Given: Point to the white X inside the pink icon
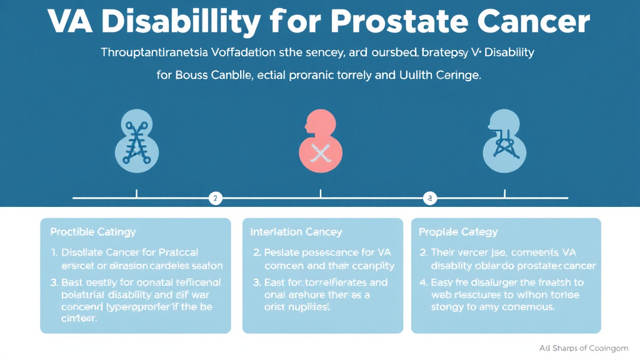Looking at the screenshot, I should click(320, 152).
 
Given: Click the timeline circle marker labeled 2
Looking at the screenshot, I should click(214, 199).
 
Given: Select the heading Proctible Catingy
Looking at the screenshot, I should click(92, 232).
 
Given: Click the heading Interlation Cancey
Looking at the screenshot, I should click(296, 232).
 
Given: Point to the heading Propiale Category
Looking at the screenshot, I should click(457, 232).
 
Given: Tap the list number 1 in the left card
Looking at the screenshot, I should click(53, 252).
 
